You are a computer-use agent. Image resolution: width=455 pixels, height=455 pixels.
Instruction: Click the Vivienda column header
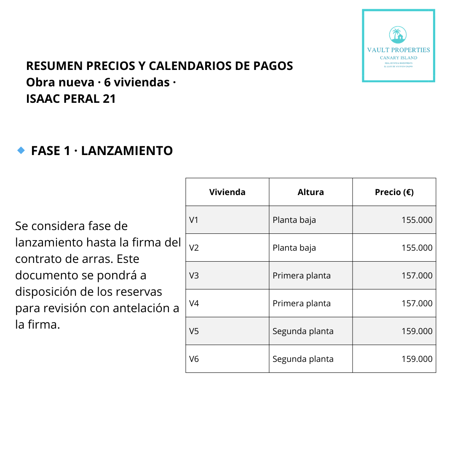click(x=227, y=192)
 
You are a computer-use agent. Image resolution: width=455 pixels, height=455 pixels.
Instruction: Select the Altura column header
click(x=310, y=192)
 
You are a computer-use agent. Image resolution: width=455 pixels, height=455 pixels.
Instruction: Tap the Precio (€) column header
click(x=394, y=192)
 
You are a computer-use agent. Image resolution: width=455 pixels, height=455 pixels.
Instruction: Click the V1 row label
click(x=194, y=220)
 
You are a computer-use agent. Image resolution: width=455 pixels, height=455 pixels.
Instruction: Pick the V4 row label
click(x=194, y=303)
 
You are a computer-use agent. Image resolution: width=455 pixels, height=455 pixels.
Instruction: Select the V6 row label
click(x=194, y=359)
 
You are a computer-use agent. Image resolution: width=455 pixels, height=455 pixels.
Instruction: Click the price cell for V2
click(x=417, y=248)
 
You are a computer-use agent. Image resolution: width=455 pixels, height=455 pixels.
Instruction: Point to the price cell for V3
click(x=417, y=276)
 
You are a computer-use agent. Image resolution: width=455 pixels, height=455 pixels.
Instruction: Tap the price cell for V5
click(x=417, y=331)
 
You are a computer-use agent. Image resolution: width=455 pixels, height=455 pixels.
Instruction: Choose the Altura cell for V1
click(x=294, y=220)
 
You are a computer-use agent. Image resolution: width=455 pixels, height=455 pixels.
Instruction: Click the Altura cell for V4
click(x=301, y=303)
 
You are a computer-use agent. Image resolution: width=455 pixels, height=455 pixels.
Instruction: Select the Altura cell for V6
click(x=303, y=359)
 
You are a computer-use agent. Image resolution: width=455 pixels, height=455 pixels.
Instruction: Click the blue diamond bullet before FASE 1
click(x=21, y=150)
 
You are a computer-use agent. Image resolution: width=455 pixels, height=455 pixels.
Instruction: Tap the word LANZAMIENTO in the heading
click(x=127, y=151)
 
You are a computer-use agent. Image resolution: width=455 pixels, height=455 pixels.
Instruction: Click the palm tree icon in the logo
click(x=398, y=35)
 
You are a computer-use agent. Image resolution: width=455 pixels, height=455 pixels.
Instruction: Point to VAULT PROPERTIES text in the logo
click(x=399, y=50)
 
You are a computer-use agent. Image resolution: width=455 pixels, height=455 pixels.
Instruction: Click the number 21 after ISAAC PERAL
click(x=109, y=99)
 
